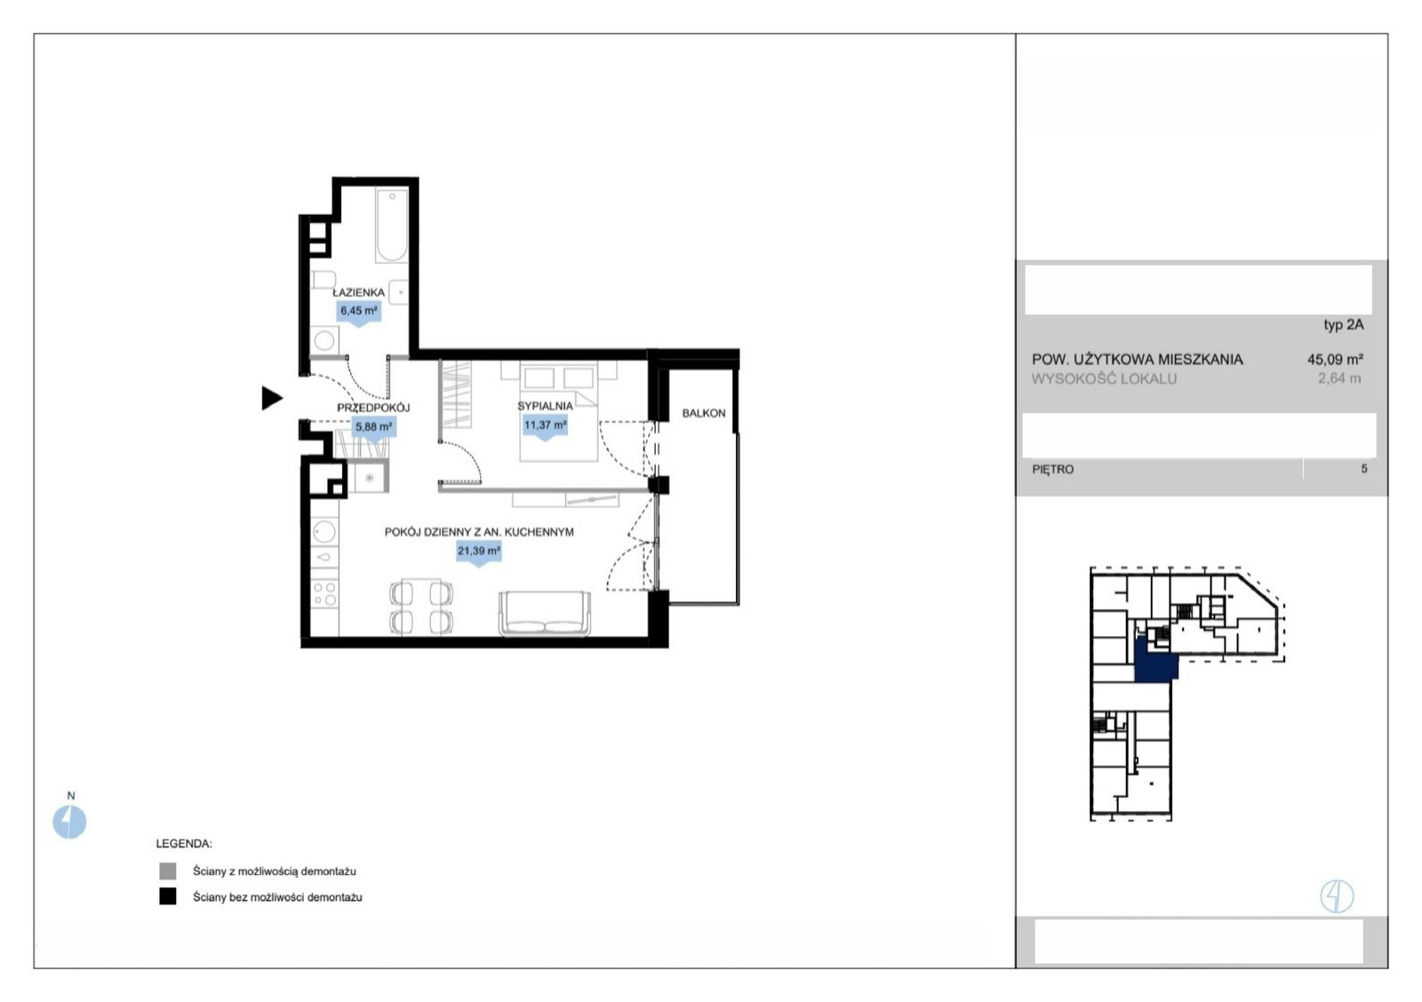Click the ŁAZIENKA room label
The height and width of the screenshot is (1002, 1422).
[359, 292]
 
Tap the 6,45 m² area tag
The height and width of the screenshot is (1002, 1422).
[359, 312]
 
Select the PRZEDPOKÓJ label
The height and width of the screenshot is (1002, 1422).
[373, 408]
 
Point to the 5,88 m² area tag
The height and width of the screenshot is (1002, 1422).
[374, 427]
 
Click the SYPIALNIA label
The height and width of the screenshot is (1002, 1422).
[545, 406]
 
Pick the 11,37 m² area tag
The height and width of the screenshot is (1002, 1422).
[545, 425]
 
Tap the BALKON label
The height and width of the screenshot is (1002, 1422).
[703, 413]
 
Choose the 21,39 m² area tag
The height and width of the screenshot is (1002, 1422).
[479, 552]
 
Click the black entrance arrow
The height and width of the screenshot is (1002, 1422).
[272, 398]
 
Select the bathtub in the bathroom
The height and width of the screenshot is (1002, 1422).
[392, 225]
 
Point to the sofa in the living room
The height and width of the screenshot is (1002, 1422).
[545, 614]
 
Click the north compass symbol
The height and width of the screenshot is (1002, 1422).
[69, 822]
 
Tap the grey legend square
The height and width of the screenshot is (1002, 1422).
[168, 871]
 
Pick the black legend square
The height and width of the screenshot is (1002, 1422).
[168, 896]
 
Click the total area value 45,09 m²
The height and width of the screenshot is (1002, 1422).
[1335, 359]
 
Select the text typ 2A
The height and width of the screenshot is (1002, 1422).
[1343, 325]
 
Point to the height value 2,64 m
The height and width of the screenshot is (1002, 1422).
[1339, 378]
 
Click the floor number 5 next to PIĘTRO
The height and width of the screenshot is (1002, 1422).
[1363, 469]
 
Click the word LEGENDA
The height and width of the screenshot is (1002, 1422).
[184, 843]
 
